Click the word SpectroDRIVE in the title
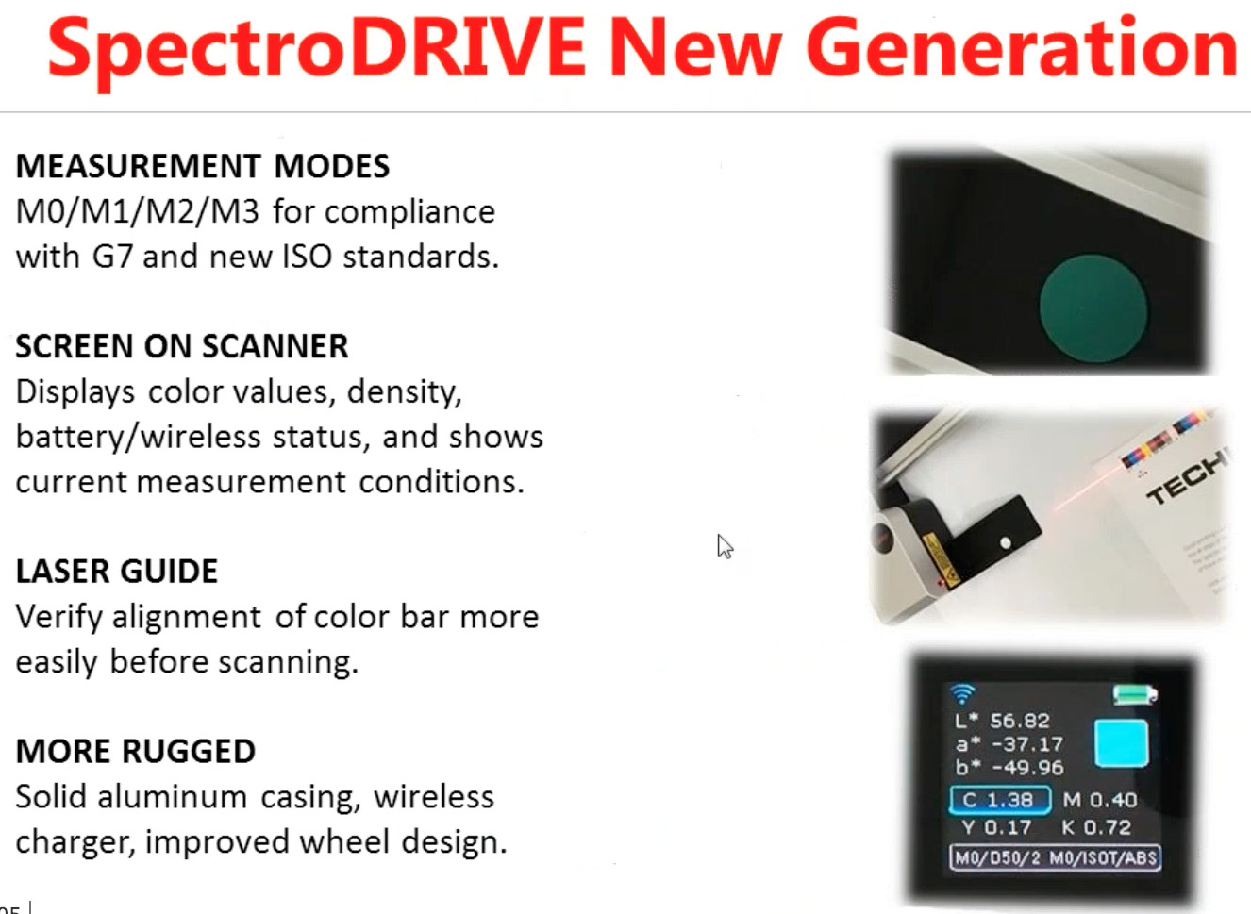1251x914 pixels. (x=316, y=49)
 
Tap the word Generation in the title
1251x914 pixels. (x=1021, y=49)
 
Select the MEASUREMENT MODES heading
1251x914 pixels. (x=202, y=166)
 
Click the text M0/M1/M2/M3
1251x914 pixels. (x=137, y=211)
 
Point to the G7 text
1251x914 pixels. (x=112, y=257)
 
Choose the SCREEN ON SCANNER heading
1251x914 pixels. (x=181, y=346)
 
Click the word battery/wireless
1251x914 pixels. (x=138, y=437)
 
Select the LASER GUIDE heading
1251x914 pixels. (x=116, y=571)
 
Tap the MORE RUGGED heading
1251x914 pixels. (x=135, y=751)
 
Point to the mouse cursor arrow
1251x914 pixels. (x=724, y=546)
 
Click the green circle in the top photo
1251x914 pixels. (x=1093, y=308)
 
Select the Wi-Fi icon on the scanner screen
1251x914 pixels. (x=961, y=694)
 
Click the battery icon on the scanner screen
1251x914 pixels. (x=1134, y=695)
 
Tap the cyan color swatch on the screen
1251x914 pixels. (x=1121, y=742)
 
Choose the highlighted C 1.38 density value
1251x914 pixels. (x=1000, y=800)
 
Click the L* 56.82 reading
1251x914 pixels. (x=1002, y=721)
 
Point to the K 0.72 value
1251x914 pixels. (x=1095, y=827)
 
